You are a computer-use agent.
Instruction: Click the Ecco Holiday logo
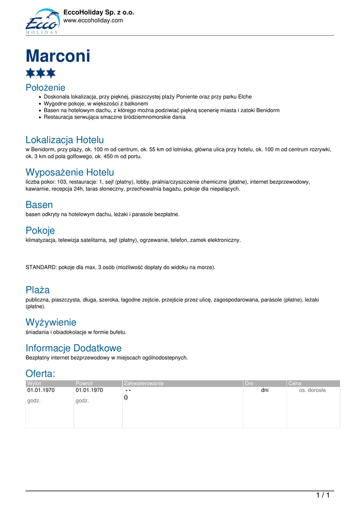coord(42,22)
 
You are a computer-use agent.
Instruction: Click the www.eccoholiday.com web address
coord(93,20)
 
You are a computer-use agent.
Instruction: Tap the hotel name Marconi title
coord(58,56)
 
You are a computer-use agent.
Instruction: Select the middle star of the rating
coord(41,73)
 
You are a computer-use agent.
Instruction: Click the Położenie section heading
coord(45,88)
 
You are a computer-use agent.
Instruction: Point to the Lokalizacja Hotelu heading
coord(65,140)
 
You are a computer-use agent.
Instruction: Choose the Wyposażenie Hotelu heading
coord(70,172)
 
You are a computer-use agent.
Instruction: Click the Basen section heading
coord(39,204)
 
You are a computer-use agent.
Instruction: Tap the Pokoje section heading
coord(40,230)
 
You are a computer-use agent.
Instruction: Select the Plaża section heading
coord(38,290)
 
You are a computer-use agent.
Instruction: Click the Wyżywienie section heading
coord(51,322)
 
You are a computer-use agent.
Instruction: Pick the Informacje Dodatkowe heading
coord(73,348)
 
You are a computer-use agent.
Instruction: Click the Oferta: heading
coord(41,373)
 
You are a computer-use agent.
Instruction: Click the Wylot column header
coord(34,383)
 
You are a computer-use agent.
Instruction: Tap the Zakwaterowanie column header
coord(144,383)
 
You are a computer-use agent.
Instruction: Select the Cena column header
coord(294,383)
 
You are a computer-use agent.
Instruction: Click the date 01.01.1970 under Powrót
coord(89,390)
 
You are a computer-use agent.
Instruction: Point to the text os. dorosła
coord(312,390)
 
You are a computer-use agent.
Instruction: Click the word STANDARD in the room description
coord(41,267)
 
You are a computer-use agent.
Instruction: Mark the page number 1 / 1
coord(323,495)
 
